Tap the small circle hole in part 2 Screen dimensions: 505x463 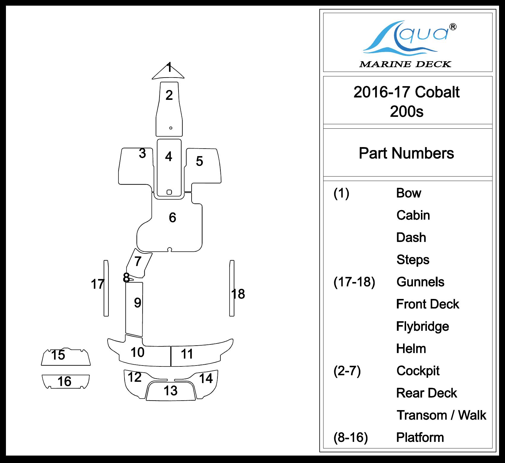(x=171, y=128)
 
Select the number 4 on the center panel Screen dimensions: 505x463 (x=169, y=157)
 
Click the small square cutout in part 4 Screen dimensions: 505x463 (x=169, y=192)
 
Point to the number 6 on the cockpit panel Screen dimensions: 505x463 (x=172, y=218)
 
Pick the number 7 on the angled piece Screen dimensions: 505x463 (x=138, y=262)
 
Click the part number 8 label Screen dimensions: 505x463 (x=126, y=278)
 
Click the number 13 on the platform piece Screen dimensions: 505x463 (x=171, y=391)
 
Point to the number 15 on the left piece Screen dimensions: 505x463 (x=58, y=355)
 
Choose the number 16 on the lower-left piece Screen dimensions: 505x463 (x=64, y=382)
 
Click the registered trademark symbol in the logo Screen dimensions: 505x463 (x=453, y=27)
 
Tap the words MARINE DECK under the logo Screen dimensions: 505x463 (x=405, y=64)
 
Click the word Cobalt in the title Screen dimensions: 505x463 (x=437, y=92)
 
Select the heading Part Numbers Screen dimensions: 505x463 (x=406, y=153)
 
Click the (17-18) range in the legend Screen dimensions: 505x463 (x=354, y=282)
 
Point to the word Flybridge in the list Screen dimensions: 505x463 (x=422, y=326)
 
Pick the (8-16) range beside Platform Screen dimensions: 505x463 (x=351, y=437)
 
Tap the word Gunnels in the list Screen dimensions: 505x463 (x=420, y=282)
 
